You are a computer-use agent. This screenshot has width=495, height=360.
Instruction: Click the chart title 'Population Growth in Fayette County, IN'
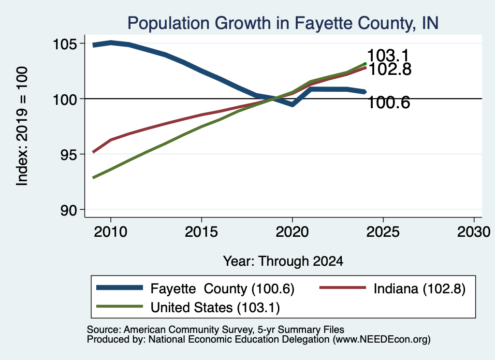coord(283,23)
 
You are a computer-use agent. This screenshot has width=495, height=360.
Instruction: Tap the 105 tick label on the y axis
coord(65,44)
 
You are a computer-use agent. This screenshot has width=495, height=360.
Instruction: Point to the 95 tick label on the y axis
coord(69,155)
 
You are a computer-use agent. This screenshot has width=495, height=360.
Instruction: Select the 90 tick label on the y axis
coord(69,210)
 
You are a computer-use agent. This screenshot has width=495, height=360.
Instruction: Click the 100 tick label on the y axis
coord(65,100)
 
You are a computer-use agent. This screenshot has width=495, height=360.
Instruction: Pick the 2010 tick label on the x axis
coord(111,232)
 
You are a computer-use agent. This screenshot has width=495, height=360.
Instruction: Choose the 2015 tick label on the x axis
coord(202,232)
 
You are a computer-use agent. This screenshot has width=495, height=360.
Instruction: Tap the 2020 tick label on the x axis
coord(292,232)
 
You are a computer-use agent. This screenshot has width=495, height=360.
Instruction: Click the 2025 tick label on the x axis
coord(383,232)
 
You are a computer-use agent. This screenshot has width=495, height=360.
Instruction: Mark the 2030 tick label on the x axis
coord(474,232)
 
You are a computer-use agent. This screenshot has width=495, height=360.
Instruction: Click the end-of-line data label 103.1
coord(388,55)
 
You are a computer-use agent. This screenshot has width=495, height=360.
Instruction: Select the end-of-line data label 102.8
coord(390,69)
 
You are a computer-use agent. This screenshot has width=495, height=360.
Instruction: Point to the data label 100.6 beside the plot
coord(389,103)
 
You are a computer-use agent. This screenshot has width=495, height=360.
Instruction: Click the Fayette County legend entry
coord(195,288)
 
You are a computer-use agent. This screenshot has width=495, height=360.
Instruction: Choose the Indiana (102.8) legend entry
coord(393,288)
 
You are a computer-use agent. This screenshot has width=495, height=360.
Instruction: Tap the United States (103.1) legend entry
coord(188,307)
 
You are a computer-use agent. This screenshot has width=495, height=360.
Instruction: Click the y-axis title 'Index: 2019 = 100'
coord(22,126)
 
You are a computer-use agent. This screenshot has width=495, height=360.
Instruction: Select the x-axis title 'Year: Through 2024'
coord(283,261)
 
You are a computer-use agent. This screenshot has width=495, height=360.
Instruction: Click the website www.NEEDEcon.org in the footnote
coord(381,339)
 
